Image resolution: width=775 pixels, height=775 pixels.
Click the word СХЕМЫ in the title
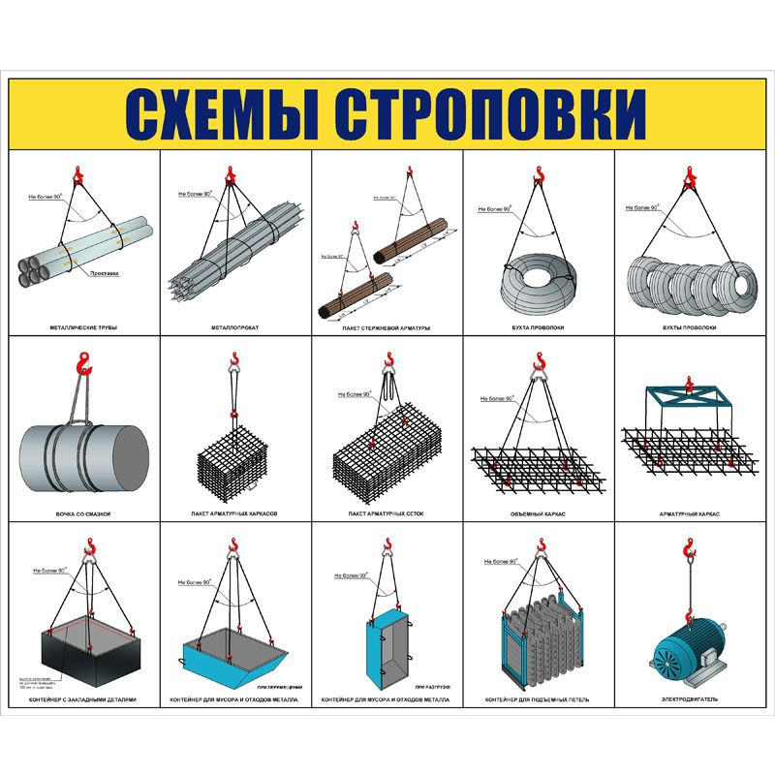(x=225, y=114)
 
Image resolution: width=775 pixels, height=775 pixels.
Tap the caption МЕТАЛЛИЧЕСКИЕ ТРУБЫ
(x=83, y=328)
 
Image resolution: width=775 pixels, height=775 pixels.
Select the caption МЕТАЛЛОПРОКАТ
(x=235, y=328)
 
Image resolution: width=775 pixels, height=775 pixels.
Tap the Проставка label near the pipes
(x=104, y=272)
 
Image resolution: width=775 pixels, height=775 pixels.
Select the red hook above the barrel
(x=83, y=364)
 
